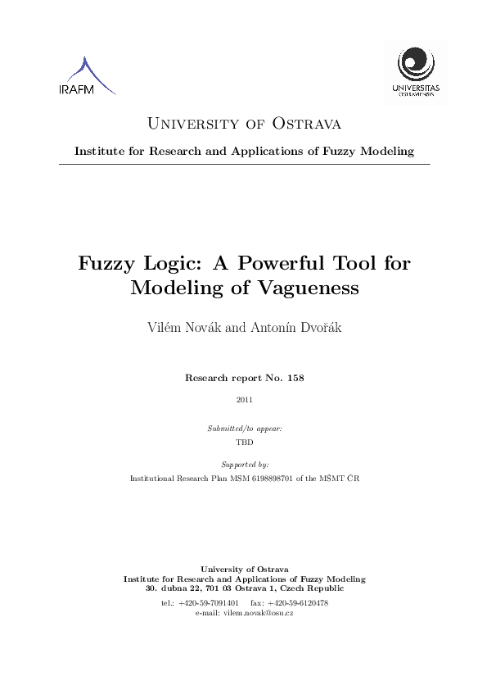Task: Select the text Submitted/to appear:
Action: click(x=244, y=429)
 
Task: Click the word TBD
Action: click(x=244, y=441)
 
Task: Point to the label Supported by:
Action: click(x=244, y=464)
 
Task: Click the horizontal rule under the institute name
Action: click(x=244, y=165)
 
